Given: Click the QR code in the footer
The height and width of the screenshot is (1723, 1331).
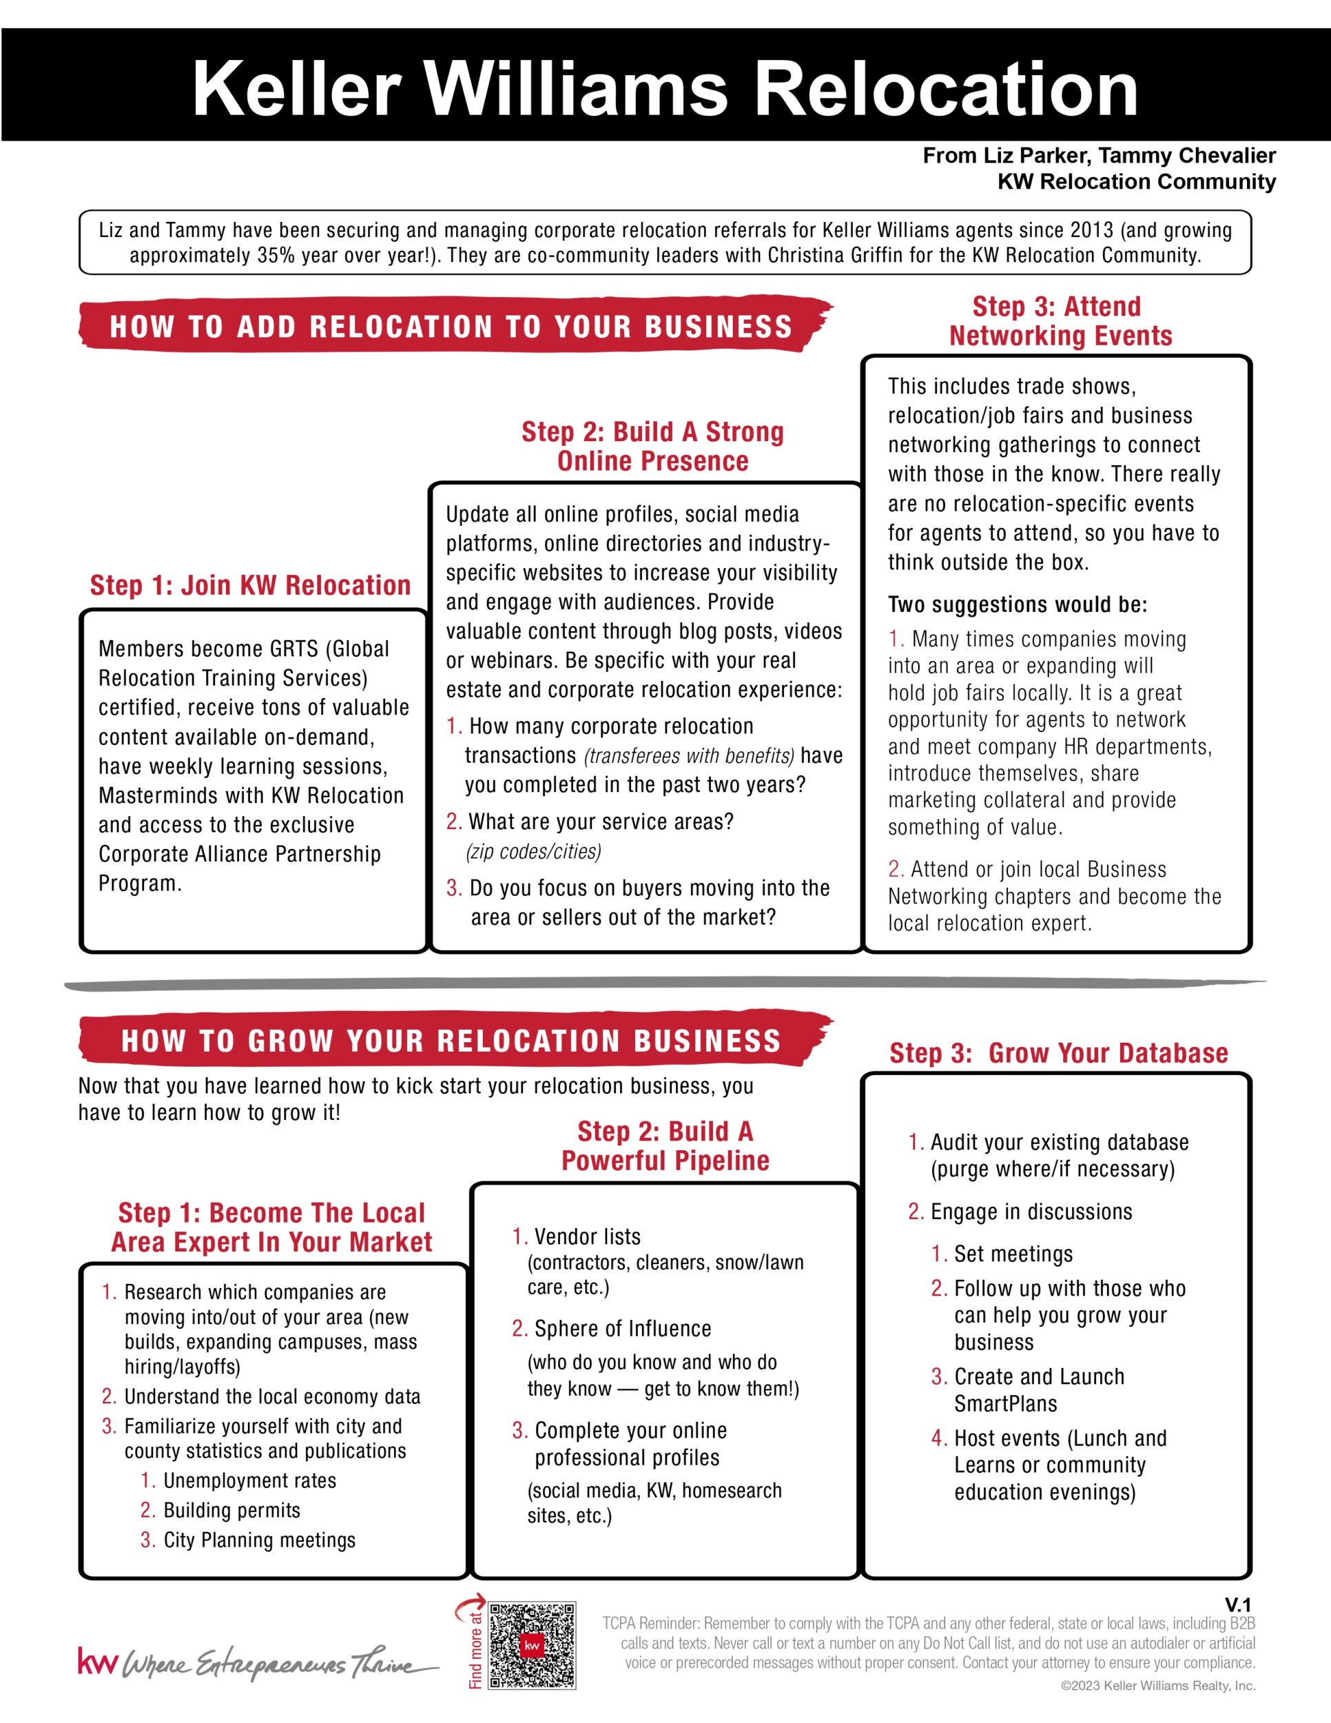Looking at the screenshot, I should coord(533,1644).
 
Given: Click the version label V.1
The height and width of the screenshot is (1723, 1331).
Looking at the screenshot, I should coord(1237,1604).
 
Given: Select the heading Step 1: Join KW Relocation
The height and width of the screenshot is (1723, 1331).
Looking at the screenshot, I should coord(250,585).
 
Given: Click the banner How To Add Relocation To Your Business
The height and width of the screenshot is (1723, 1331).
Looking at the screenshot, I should coord(451,327).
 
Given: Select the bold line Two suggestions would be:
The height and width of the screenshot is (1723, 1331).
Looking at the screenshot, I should coord(1017,605).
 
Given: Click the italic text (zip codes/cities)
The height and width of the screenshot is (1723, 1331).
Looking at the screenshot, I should coord(533,851).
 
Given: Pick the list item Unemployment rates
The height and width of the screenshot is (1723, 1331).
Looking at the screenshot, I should coord(249,1481).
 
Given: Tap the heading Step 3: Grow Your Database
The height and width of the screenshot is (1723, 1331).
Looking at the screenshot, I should coord(1058,1053).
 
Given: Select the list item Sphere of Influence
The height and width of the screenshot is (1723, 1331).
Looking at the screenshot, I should coord(622,1329).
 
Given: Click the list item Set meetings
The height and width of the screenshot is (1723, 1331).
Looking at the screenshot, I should coord(1013,1254).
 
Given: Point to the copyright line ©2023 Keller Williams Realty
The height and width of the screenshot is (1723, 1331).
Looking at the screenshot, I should coord(1157,1686).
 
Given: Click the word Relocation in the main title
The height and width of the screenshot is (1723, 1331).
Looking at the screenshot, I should coord(946,88).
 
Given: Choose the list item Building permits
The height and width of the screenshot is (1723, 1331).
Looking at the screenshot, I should coord(231,1510).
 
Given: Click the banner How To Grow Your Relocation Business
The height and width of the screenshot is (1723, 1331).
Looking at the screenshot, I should coord(451,1041).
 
